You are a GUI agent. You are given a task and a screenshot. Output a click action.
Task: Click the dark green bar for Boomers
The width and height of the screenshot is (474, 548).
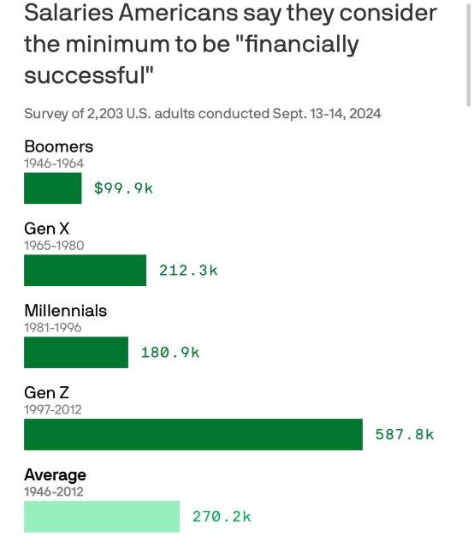pos(53,188)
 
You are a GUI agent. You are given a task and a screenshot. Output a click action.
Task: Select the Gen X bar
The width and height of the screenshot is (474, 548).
pos(85,271)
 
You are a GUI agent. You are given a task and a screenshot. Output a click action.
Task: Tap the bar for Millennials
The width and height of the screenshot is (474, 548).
pos(76,352)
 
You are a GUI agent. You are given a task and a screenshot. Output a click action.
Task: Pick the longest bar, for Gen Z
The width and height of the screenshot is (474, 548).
pos(193,434)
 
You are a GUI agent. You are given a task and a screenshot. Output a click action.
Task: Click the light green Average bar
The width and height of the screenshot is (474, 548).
pos(102,516)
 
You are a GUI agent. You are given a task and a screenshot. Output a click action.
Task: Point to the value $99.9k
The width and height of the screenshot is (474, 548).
pos(123,188)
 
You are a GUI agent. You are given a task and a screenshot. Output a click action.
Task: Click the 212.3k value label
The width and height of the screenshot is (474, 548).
pos(188,271)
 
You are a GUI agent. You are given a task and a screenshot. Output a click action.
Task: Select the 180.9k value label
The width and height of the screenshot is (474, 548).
pos(170,352)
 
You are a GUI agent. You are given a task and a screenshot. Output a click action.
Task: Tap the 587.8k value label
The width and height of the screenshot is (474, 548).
pos(405,434)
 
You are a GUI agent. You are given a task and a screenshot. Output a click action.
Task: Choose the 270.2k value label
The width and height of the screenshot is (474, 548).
pos(222,516)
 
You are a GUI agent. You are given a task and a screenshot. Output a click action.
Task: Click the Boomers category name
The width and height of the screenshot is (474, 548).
pos(58,146)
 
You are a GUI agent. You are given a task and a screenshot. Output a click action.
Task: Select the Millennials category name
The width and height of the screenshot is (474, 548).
pos(65,310)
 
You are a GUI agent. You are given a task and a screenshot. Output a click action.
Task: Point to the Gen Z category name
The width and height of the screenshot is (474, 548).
pos(46,392)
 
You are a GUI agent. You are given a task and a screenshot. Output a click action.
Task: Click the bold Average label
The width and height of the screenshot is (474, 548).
pos(55,474)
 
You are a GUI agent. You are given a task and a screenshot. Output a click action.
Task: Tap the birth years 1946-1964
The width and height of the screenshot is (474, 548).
pos(54,164)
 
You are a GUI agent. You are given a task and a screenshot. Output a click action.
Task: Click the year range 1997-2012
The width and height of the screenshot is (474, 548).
pos(53,409)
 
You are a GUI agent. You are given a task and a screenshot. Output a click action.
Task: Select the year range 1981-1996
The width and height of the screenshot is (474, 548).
pos(53,327)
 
